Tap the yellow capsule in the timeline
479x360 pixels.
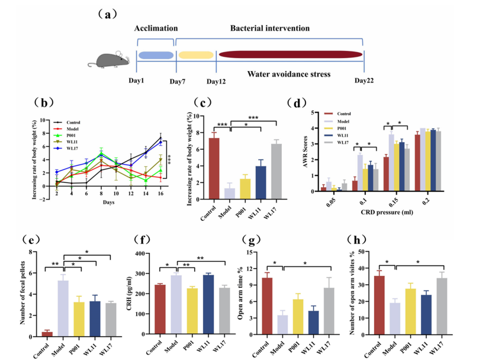pyautogui.click(x=196, y=55)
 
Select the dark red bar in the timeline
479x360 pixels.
pyautogui.click(x=291, y=54)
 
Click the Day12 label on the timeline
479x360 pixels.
pyautogui.click(x=216, y=82)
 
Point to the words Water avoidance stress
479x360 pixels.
pyautogui.click(x=289, y=74)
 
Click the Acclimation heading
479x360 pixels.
pyautogui.click(x=156, y=28)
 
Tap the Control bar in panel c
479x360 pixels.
pyautogui.click(x=214, y=169)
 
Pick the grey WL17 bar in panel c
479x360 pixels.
pyautogui.click(x=276, y=172)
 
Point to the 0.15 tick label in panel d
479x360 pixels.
pyautogui.click(x=394, y=202)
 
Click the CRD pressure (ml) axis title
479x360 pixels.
pyautogui.click(x=387, y=212)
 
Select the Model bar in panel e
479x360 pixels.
pyautogui.click(x=63, y=308)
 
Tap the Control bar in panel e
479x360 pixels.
pyautogui.click(x=47, y=335)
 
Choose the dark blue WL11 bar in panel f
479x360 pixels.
pyautogui.click(x=208, y=304)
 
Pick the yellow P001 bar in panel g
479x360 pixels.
pyautogui.click(x=298, y=317)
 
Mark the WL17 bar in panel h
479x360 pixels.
pyautogui.click(x=442, y=306)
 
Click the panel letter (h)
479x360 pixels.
pyautogui.click(x=356, y=240)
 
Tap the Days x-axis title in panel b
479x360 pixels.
pyautogui.click(x=108, y=202)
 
